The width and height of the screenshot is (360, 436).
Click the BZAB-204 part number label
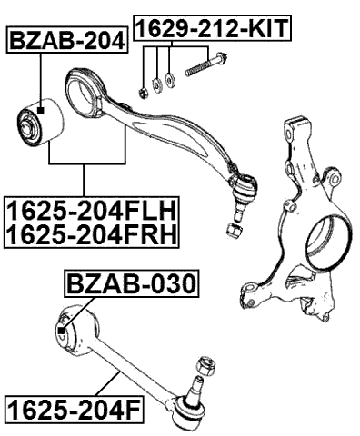tap(66, 40)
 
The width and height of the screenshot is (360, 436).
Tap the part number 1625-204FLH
tap(91, 213)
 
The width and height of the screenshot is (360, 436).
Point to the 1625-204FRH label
tap(91, 236)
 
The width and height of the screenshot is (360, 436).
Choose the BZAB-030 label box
tap(130, 286)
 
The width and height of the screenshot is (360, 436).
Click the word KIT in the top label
tap(270, 28)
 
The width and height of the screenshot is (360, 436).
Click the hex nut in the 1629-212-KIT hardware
tap(144, 91)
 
